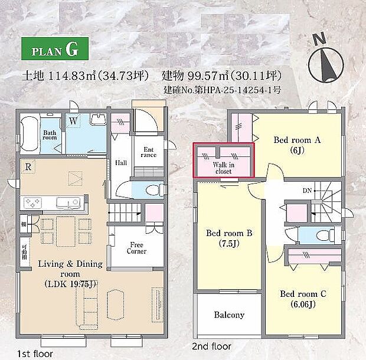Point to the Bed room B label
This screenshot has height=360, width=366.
click(229, 238)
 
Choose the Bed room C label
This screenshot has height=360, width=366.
click(303, 299)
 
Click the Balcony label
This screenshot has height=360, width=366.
click(229, 315)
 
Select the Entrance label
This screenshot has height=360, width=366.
click(149, 153)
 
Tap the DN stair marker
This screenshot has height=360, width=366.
click(308, 191)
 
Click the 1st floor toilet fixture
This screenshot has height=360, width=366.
click(152, 190)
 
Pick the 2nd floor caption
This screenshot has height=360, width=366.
click(211, 346)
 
